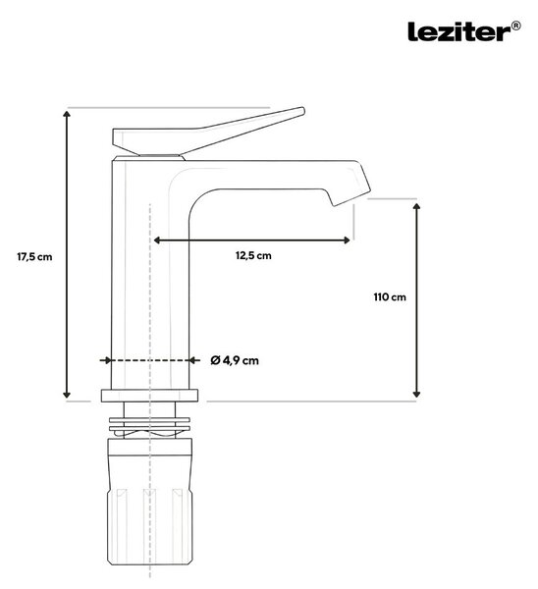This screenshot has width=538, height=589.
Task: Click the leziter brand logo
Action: click(459, 31)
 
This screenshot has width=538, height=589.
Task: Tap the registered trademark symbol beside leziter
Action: click(516, 26)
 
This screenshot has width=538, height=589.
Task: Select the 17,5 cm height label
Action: click(34, 257)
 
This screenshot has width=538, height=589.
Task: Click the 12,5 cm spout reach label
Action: click(253, 255)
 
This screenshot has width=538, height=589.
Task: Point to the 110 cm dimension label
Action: click(390, 297)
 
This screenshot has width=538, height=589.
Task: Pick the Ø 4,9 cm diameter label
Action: click(235, 360)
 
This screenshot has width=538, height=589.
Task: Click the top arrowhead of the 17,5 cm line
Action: click(67, 114)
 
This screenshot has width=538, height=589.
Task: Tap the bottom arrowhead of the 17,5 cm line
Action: click(67, 394)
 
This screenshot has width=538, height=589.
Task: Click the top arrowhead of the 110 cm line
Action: click(416, 206)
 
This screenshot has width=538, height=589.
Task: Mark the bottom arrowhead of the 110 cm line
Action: click(416, 394)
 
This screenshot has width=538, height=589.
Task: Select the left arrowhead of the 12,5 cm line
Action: click(157, 241)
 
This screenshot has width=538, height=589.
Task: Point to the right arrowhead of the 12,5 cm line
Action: click(347, 241)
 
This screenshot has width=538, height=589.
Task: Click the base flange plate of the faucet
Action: click(149, 396)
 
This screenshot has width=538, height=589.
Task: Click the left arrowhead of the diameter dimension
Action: click(107, 360)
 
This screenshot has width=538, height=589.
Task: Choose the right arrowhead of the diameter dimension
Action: click(193, 360)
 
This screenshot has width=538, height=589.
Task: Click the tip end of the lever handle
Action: click(302, 110)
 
